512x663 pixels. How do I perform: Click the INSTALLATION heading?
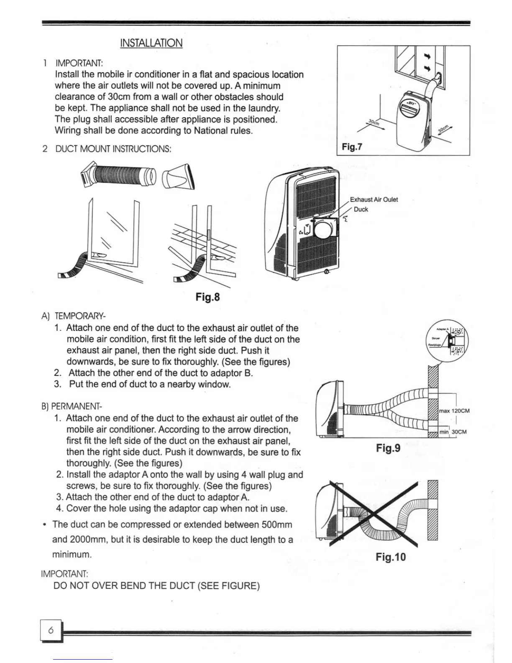coord(151,43)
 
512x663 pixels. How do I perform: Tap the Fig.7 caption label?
coord(352,146)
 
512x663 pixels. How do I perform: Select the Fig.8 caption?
coord(207,297)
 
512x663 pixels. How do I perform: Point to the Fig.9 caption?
coord(388,448)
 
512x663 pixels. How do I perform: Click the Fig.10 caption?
coord(390,557)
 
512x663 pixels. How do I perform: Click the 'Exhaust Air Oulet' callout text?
coord(374,200)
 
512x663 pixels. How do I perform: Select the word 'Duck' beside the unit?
coord(361,209)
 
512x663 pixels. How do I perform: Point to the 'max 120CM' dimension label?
coord(454,411)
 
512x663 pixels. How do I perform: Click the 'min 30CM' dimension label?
coord(453,432)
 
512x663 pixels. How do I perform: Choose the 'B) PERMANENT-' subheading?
coord(72,406)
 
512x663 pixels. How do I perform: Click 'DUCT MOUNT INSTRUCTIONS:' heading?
coord(113,149)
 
